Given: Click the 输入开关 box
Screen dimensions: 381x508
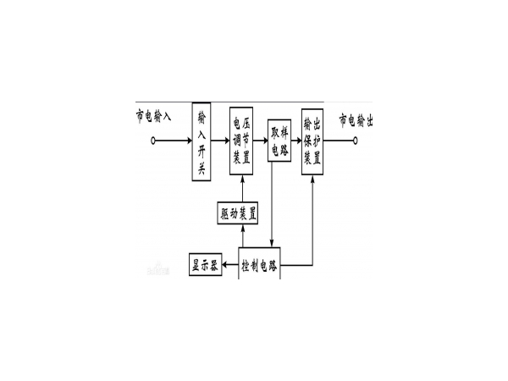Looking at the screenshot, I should [202, 140].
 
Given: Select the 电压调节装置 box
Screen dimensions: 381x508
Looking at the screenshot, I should [241, 140].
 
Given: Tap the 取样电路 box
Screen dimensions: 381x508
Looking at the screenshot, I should [279, 139].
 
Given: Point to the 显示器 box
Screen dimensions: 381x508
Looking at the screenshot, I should [204, 265].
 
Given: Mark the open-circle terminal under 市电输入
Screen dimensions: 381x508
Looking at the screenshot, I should [154, 141].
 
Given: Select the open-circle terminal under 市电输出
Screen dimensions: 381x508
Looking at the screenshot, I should [372, 141].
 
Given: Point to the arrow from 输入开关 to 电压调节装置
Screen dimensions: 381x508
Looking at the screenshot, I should [220, 141].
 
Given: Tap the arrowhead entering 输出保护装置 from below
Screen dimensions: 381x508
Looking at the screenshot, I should [316, 183].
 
